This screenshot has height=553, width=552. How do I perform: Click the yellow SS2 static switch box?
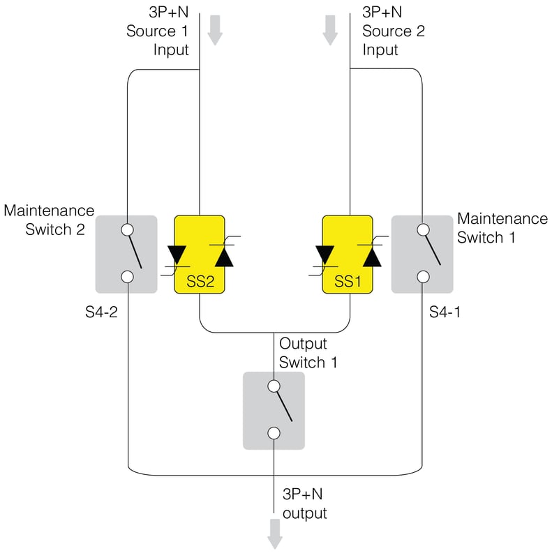(199, 255)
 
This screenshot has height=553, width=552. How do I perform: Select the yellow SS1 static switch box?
(348, 255)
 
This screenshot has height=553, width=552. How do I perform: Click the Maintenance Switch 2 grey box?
(126, 254)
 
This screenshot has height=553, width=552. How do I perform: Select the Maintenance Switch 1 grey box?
(422, 254)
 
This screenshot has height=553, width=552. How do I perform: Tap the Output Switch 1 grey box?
(274, 410)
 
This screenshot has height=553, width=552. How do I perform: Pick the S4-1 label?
(445, 311)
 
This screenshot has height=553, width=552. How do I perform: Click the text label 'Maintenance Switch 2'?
(49, 220)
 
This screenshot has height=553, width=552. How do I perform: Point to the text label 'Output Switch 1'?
(303, 353)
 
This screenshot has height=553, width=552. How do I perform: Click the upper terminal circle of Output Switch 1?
(274, 386)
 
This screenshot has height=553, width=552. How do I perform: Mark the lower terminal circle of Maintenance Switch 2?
(127, 277)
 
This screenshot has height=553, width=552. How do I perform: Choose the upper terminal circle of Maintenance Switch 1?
(422, 229)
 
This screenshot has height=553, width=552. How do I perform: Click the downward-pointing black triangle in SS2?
(177, 255)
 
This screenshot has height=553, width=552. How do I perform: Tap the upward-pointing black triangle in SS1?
(372, 257)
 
